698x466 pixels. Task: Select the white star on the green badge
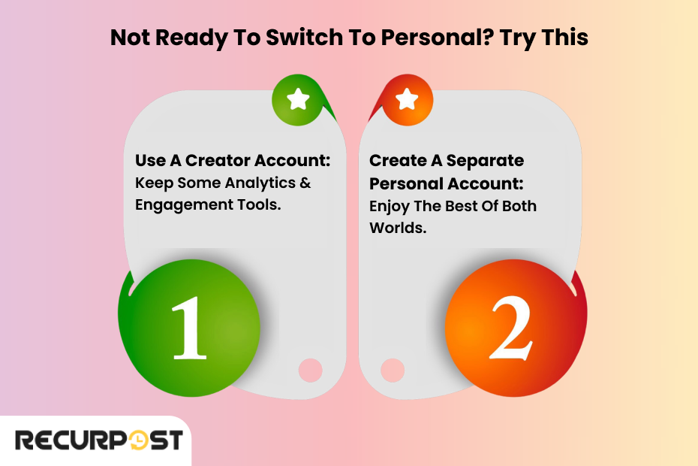299,98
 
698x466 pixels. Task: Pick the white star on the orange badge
407,98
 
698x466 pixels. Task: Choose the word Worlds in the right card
398,228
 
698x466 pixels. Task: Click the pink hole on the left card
311,370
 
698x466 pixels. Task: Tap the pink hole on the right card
393,370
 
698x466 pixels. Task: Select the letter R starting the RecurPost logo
26,440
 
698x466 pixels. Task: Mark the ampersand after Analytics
305,183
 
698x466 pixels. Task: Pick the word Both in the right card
518,205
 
